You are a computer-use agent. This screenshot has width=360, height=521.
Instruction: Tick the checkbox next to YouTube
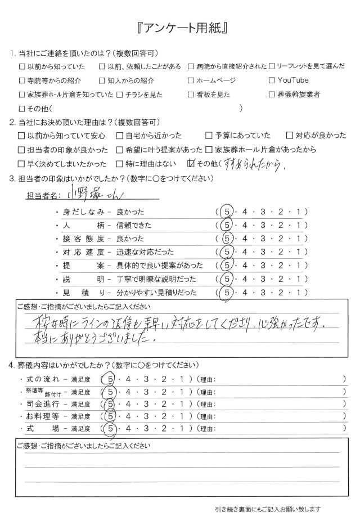[x=273, y=80]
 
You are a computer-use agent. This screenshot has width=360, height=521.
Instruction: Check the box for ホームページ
[x=192, y=80]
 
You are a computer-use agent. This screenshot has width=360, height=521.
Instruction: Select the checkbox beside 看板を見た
[x=192, y=95]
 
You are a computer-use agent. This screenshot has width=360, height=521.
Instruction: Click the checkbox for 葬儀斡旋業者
[x=273, y=95]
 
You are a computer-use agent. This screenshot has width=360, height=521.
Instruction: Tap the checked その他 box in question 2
[x=191, y=164]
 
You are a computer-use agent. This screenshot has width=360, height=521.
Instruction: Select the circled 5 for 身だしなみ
[x=227, y=212]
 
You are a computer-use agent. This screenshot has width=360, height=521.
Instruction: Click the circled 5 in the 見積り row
[x=227, y=292]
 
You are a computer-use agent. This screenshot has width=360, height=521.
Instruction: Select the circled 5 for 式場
[x=110, y=430]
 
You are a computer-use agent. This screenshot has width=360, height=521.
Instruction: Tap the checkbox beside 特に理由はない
[x=119, y=164]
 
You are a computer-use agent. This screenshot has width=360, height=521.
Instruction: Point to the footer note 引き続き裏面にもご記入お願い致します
[x=267, y=510]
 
